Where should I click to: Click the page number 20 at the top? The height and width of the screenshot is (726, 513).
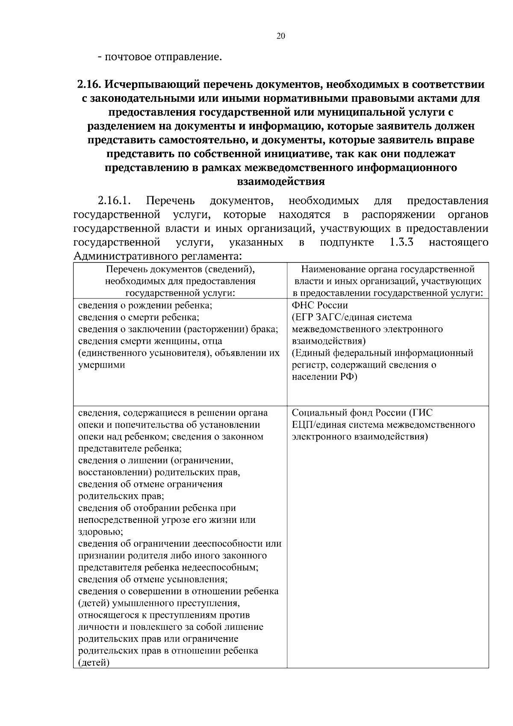(x=280, y=36)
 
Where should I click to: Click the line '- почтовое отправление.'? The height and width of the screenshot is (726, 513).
(x=160, y=56)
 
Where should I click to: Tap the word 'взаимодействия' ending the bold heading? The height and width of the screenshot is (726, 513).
(x=280, y=181)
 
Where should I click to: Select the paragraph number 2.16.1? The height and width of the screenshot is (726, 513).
(x=114, y=201)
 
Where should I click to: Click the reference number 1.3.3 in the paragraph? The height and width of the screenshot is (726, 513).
(x=401, y=242)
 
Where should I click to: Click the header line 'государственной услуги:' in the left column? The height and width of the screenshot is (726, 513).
(x=180, y=293)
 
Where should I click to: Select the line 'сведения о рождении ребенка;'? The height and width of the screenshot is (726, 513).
(x=145, y=305)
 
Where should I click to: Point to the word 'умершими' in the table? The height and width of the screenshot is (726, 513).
(x=101, y=365)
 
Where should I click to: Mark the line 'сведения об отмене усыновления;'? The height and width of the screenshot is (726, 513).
(x=153, y=579)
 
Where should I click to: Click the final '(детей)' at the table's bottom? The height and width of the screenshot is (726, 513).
(x=94, y=663)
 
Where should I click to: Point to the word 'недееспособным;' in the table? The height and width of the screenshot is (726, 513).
(x=210, y=567)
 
